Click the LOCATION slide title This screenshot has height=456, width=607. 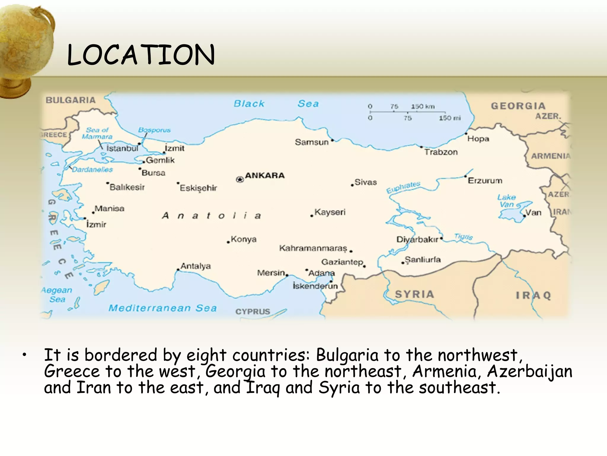[x=141, y=55]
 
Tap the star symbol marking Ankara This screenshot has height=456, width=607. [x=240, y=179]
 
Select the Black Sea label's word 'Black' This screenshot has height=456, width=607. [x=249, y=104]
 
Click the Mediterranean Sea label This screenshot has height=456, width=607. [x=163, y=308]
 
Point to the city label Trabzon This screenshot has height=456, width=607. [x=441, y=152]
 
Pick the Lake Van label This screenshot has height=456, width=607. [x=507, y=201]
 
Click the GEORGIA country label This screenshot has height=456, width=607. [x=518, y=106]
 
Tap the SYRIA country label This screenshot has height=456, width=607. [x=415, y=294]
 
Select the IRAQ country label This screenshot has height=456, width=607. [x=533, y=295]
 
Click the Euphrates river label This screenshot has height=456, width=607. [x=403, y=187]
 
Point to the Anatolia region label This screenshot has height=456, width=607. [x=211, y=216]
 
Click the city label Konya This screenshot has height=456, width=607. [x=244, y=239]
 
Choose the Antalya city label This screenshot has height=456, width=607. [x=196, y=266]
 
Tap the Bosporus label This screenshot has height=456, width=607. [x=154, y=130]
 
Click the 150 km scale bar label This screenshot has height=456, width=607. [x=423, y=107]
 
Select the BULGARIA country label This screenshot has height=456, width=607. [x=71, y=100]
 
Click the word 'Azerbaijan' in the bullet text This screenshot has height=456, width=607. [x=530, y=371]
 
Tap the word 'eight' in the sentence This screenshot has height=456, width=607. [x=206, y=355]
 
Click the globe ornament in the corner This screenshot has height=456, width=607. [x=25, y=47]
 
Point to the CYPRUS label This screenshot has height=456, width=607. [x=253, y=311]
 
